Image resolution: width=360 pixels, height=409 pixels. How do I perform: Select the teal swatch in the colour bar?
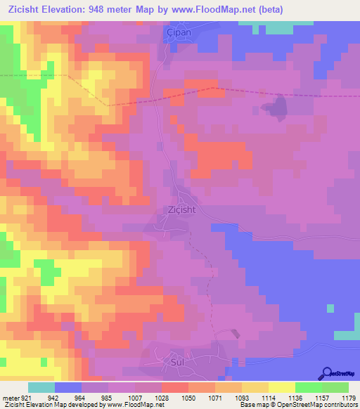pos(41,387)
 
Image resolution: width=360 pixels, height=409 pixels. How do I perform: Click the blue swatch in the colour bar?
pos(68,387)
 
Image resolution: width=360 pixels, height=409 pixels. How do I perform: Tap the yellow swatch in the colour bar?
pos(282,387)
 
